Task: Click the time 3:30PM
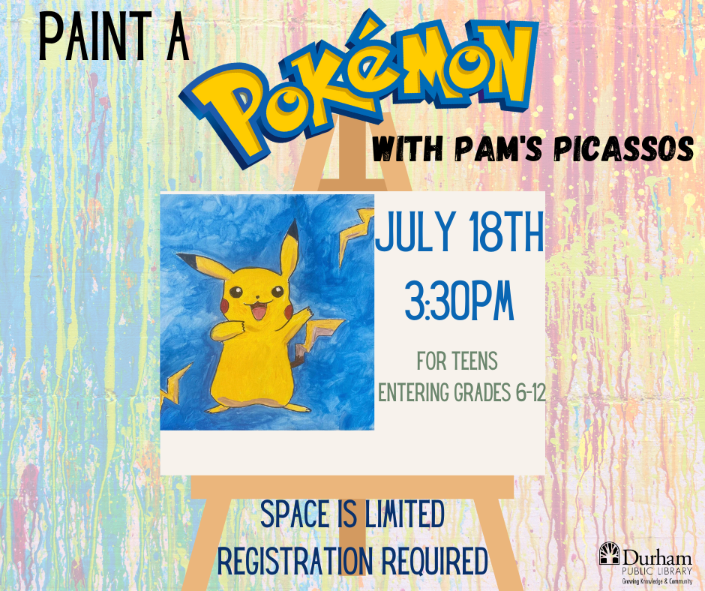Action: tap(460, 301)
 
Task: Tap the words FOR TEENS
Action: tap(457, 361)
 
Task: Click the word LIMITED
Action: tap(404, 514)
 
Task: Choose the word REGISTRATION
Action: tap(295, 561)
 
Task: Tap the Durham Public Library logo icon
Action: tap(609, 553)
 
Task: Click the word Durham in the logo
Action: tap(657, 559)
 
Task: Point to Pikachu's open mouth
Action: tap(259, 310)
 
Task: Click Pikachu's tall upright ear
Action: tap(289, 245)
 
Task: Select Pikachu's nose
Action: tap(256, 297)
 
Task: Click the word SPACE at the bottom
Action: tap(295, 514)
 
